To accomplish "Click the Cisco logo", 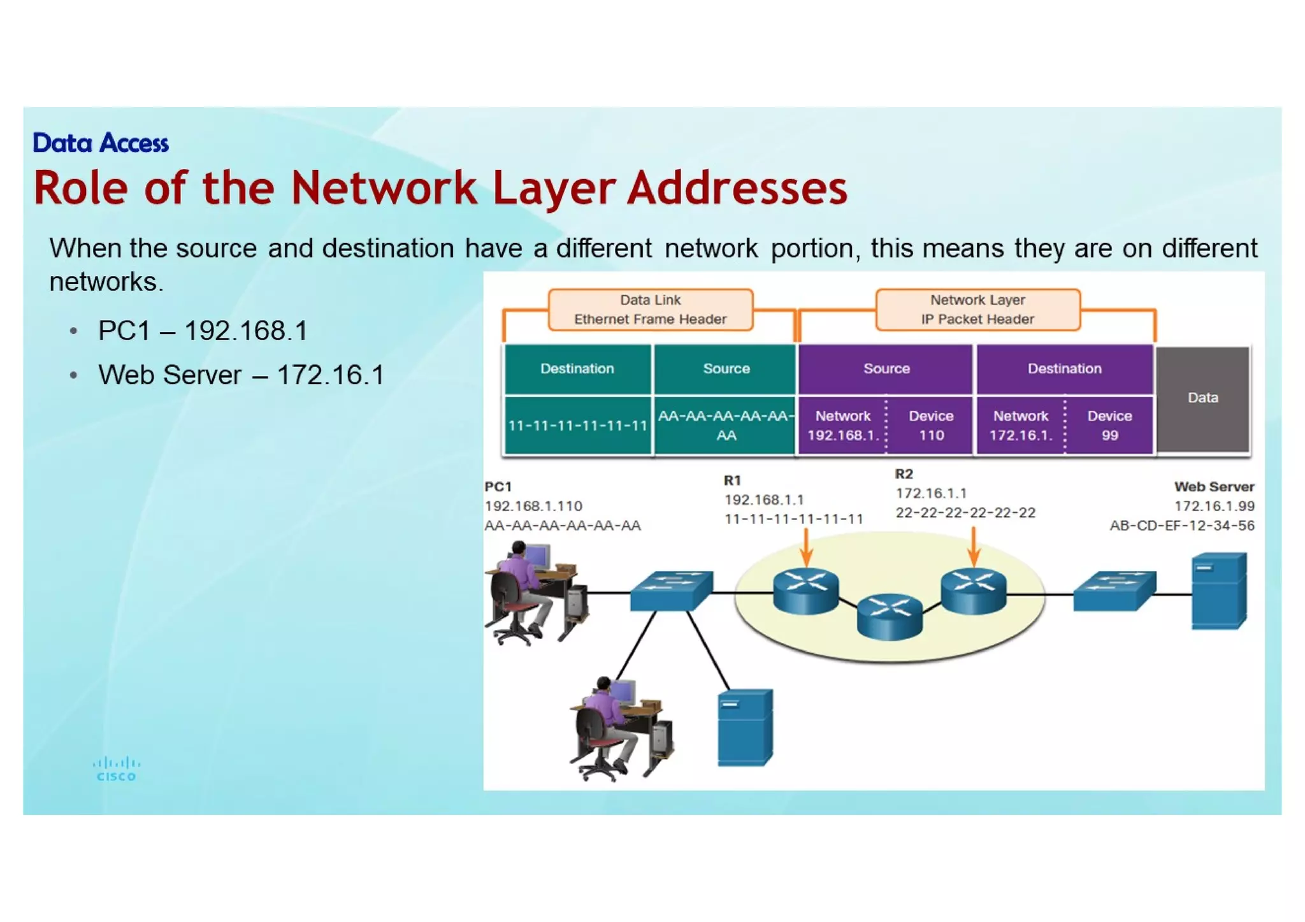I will point(116,769).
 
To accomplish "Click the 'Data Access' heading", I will point(101,143).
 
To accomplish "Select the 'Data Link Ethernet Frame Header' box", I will point(650,310).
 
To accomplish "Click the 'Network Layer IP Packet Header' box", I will point(977,310).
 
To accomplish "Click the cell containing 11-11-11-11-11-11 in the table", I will point(577,426).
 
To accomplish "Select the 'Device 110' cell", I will point(930,426).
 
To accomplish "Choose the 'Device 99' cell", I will point(1109,426).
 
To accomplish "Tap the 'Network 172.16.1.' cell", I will point(1020,426).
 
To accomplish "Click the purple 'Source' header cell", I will point(886,369).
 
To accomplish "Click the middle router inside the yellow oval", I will point(890,616).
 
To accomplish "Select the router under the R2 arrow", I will point(973,590).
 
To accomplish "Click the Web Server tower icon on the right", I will point(1218,591).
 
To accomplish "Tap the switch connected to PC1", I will point(671,591).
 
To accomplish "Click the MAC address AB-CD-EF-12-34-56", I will point(1181,526).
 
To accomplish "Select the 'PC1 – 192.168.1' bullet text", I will point(203,331).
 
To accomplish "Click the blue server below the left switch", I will point(745,727).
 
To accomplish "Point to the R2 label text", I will point(904,474).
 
